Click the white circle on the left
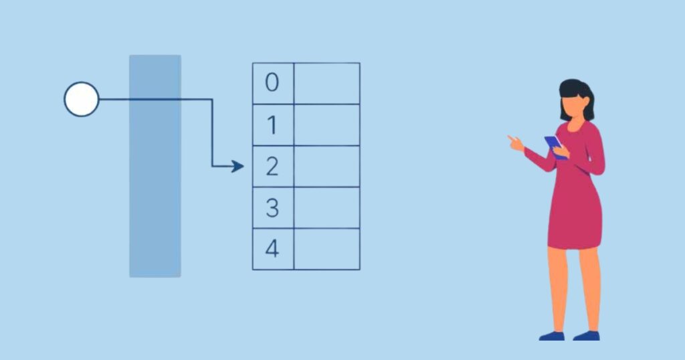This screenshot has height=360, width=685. coord(82,99)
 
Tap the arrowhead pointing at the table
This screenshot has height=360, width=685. coord(237,166)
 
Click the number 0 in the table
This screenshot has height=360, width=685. coord(272,83)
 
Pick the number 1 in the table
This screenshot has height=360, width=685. coord(272,125)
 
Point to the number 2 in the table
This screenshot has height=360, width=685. coord(272,167)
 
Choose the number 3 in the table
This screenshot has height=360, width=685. coord(272,208)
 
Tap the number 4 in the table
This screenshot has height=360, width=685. coord(272,249)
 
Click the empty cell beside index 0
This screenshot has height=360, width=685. coord(326,84)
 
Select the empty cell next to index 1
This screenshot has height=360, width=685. coord(326,125)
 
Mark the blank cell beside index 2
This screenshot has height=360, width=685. coord(326,167)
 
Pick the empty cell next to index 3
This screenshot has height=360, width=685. coord(326,208)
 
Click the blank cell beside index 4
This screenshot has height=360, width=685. coord(326,249)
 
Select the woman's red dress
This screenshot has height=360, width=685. coord(575,201)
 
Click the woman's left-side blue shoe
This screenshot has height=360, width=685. coord(552,335)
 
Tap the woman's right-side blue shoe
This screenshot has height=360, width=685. coord(587,335)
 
